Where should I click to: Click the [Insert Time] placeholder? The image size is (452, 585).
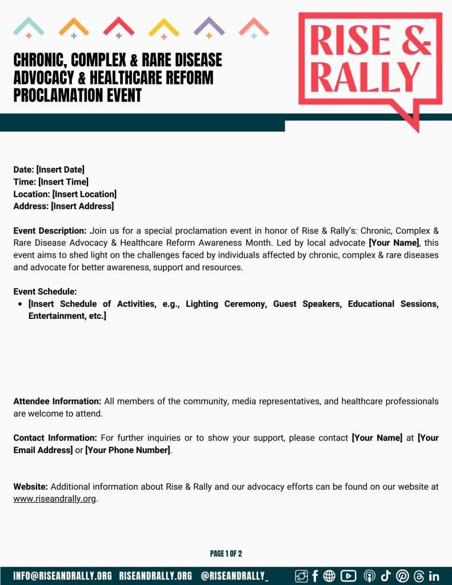(x=63, y=182)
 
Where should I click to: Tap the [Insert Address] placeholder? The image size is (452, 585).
(x=82, y=206)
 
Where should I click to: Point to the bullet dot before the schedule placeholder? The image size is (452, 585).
(x=21, y=304)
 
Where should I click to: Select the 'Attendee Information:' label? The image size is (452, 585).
(x=57, y=401)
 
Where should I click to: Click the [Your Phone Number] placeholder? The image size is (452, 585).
(x=128, y=450)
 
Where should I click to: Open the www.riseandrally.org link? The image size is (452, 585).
(x=55, y=499)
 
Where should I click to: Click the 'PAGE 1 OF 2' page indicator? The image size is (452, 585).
(x=226, y=554)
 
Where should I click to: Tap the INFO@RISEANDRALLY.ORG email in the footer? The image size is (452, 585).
(x=62, y=576)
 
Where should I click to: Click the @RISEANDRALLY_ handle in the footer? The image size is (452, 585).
(x=234, y=576)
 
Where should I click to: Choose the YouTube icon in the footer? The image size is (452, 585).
(x=348, y=576)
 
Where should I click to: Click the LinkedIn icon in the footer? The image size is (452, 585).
(x=434, y=576)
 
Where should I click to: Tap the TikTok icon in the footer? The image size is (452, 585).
(x=386, y=576)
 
